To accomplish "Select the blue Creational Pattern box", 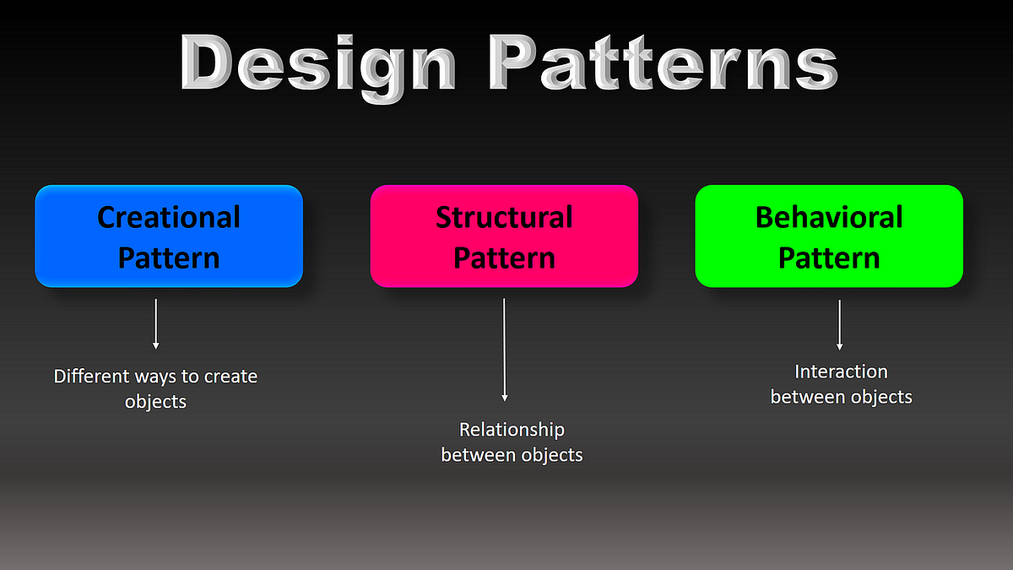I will pyautogui.click(x=169, y=236).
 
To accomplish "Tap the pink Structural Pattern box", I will pyautogui.click(x=504, y=236).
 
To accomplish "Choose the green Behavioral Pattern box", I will pyautogui.click(x=829, y=236).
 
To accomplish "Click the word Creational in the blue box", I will pyautogui.click(x=169, y=217).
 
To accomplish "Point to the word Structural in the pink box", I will pyautogui.click(x=504, y=217).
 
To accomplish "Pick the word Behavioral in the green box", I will pyautogui.click(x=829, y=217).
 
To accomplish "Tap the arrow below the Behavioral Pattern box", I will pyautogui.click(x=839, y=324).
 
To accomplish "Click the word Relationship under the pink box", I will pyautogui.click(x=512, y=430).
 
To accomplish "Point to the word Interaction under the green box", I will pyautogui.click(x=841, y=372).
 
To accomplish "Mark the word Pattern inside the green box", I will pyautogui.click(x=829, y=258).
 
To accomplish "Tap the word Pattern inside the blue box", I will pyautogui.click(x=169, y=258).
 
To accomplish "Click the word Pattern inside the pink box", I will pyautogui.click(x=504, y=258).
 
